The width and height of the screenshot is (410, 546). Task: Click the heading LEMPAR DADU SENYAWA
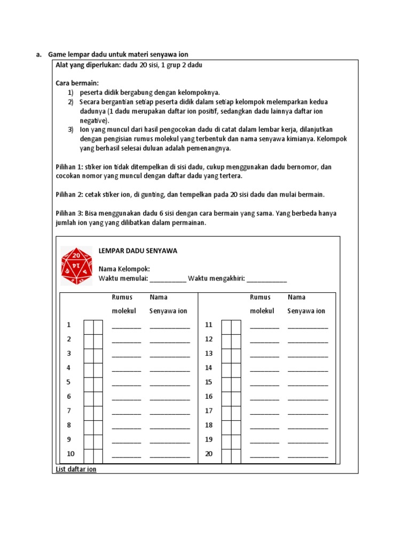click(x=138, y=251)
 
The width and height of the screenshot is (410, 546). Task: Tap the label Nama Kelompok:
click(x=124, y=269)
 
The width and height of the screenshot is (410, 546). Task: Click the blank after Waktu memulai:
click(x=168, y=278)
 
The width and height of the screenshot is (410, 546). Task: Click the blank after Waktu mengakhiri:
click(x=267, y=278)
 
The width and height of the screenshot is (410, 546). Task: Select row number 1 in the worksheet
click(x=68, y=325)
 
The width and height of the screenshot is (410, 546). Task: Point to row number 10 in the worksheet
click(x=70, y=454)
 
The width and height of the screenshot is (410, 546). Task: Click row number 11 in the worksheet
click(x=209, y=325)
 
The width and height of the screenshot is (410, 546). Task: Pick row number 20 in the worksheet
click(x=209, y=454)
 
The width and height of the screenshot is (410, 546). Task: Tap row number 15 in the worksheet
click(x=209, y=382)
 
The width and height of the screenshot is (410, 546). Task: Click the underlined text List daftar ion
click(x=76, y=469)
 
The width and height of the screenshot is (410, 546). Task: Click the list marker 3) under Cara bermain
click(x=70, y=130)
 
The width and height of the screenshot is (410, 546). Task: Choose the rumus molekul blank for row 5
click(x=127, y=383)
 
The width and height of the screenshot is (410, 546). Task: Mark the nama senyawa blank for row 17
click(x=307, y=412)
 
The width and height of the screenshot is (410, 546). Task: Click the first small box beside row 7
click(x=88, y=411)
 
